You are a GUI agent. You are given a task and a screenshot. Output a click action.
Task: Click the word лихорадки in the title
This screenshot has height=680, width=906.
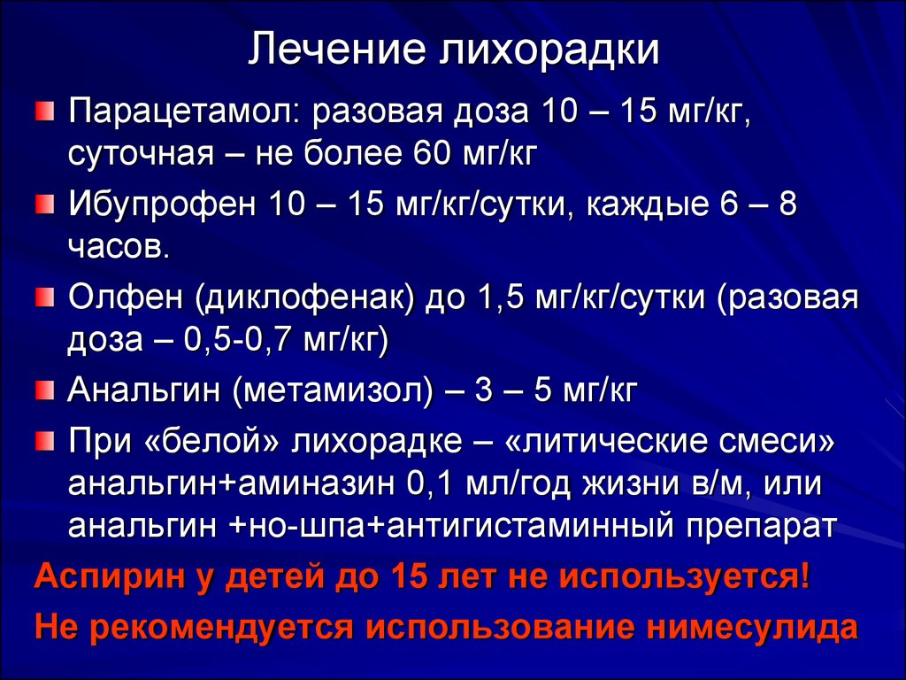tap(549, 50)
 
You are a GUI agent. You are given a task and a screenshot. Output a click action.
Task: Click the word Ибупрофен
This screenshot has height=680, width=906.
tap(162, 205)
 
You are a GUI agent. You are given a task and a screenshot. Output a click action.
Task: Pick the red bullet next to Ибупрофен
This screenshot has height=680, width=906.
tap(44, 204)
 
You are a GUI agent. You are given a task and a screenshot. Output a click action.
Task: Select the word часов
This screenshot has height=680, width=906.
tap(119, 248)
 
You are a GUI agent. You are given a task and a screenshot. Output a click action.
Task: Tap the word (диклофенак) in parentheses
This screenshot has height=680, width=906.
tap(305, 299)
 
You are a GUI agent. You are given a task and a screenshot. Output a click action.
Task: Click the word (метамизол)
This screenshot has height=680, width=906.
tap(334, 390)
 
